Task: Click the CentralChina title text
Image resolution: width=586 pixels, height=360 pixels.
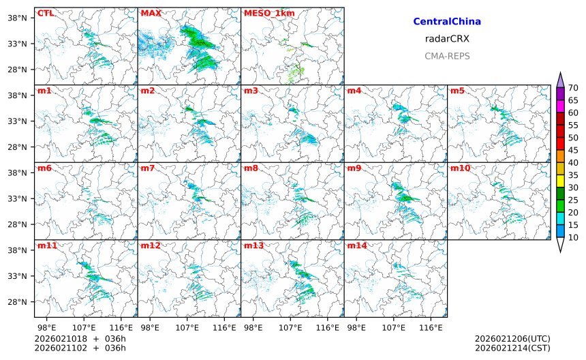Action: [447, 22]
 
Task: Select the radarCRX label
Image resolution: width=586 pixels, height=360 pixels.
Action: [447, 39]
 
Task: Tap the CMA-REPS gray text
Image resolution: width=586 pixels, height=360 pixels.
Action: [447, 56]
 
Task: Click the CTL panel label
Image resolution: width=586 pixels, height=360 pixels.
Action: [46, 13]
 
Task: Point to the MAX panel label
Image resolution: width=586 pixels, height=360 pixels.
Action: [151, 13]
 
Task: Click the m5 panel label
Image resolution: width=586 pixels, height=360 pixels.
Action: [457, 91]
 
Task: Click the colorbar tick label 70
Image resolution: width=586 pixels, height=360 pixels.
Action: [573, 87]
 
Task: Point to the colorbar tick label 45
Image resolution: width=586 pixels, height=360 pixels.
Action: [573, 150]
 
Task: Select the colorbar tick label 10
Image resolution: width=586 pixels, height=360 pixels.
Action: [573, 237]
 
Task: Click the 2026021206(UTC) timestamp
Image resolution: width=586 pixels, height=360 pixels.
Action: [512, 339]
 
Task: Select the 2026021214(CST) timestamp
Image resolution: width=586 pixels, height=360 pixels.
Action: [512, 348]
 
